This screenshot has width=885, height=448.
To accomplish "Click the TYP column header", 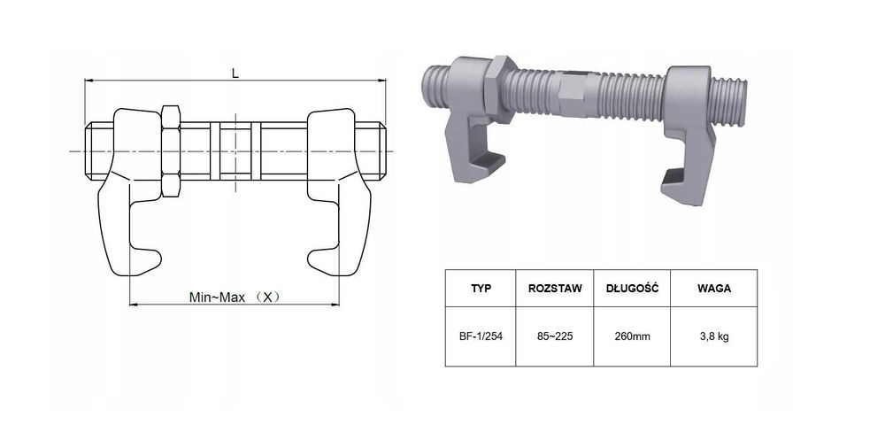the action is (481, 288).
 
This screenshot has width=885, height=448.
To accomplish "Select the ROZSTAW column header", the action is (555, 288).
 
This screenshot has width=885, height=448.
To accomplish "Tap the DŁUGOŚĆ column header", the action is (632, 288).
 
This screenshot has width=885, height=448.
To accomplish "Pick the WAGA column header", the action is (714, 288).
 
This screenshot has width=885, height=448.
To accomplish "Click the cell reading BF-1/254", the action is (481, 336).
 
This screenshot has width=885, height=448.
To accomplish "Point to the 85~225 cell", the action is (555, 336).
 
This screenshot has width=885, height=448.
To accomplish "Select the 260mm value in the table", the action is (632, 336).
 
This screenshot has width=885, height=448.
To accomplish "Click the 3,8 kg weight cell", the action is (714, 336).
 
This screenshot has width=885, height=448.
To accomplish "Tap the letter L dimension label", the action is (235, 73).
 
